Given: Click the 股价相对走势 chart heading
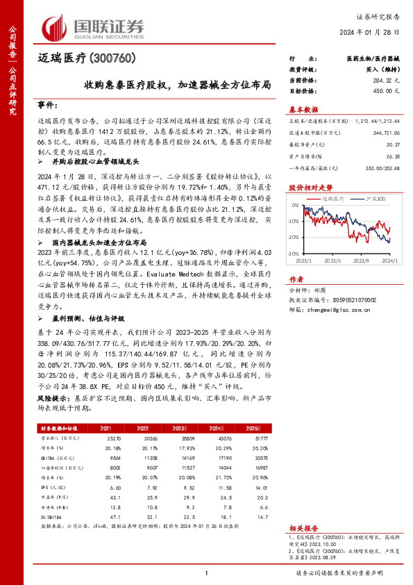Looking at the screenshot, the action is click(x=305, y=188).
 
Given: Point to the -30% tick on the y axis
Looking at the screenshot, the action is click(x=294, y=254).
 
